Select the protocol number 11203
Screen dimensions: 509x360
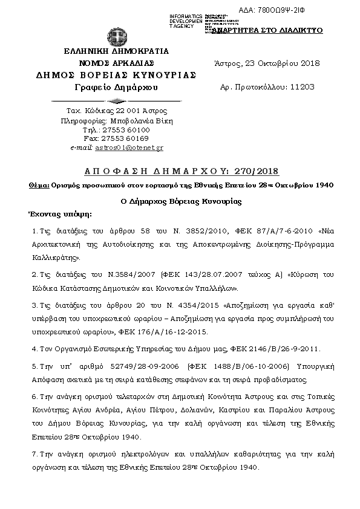(302, 87)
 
